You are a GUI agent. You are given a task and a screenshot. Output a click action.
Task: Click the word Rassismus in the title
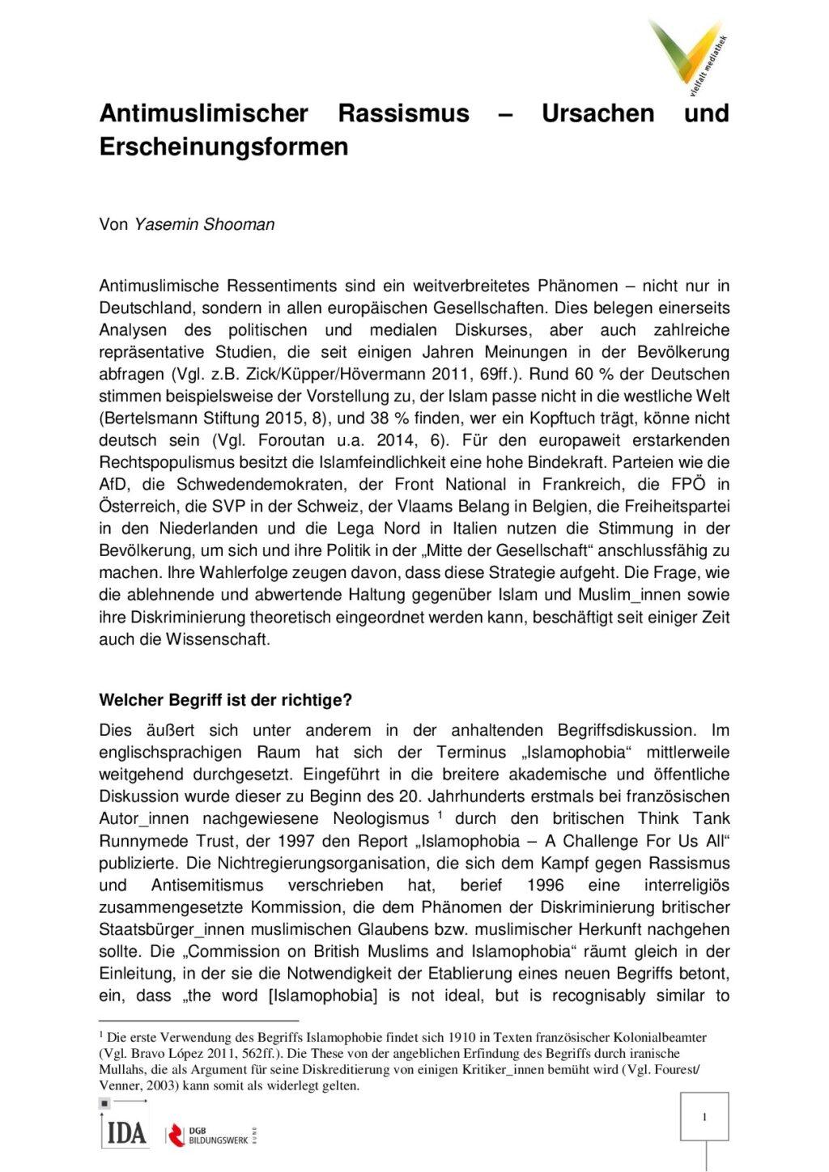[403, 113]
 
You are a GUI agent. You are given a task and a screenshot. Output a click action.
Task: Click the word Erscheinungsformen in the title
[223, 146]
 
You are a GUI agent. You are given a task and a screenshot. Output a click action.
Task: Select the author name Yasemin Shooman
[204, 225]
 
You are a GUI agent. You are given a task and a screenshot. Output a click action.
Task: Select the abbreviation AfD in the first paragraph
[113, 485]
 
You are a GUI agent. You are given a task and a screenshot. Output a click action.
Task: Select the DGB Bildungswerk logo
[213, 1134]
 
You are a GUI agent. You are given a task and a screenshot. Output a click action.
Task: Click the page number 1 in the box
[704, 1117]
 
